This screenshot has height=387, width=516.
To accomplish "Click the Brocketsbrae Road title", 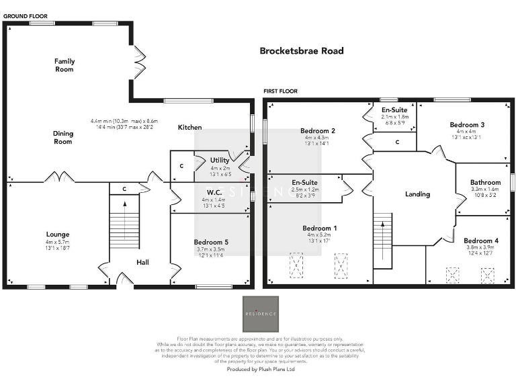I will click(x=302, y=51).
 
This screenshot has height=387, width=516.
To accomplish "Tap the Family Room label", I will click(x=64, y=65).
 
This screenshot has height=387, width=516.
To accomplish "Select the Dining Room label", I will click(x=63, y=138).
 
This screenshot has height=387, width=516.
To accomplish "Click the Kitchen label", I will click(x=189, y=127).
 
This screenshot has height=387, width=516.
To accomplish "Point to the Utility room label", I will click(x=220, y=160).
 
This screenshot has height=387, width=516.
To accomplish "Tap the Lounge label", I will click(x=58, y=234).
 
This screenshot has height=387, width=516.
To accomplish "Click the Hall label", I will click(x=142, y=262).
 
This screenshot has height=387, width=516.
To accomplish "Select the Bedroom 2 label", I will click(x=318, y=130).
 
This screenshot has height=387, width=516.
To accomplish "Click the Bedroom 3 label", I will click(x=467, y=125).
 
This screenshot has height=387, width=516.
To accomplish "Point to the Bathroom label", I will click(x=485, y=182).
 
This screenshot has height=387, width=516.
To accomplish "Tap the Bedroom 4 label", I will click(x=480, y=241).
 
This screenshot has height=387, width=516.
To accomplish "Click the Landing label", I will click(x=417, y=194).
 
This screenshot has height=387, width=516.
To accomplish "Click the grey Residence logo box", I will click(x=260, y=313).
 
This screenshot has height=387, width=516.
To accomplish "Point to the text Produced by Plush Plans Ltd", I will click(x=261, y=369).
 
